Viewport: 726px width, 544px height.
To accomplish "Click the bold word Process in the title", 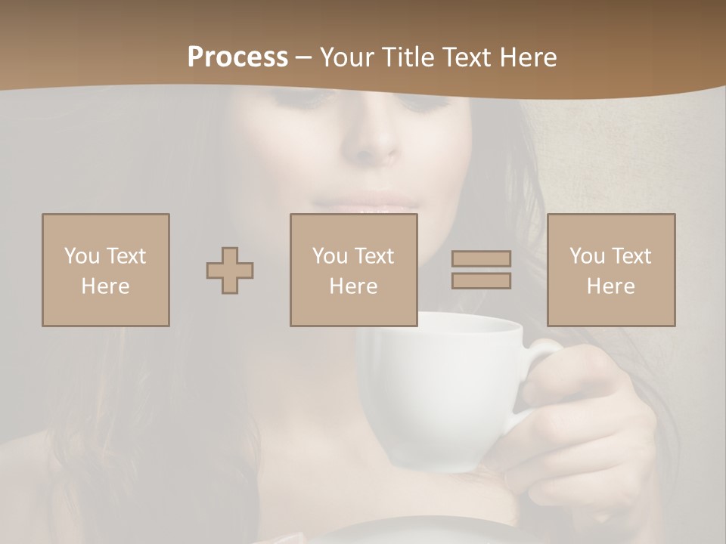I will (237, 57).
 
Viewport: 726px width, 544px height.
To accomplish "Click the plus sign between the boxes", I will (230, 270).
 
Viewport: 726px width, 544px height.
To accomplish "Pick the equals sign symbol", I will (481, 270).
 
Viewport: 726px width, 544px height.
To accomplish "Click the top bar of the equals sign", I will (481, 259).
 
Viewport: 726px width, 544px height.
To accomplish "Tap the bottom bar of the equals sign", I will (481, 281).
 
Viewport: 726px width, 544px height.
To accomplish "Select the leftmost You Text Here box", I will (106, 270).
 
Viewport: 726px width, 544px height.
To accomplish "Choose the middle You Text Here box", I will (354, 270).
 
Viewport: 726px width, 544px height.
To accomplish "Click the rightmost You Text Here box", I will (611, 270).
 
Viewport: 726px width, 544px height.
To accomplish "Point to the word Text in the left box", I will (126, 256).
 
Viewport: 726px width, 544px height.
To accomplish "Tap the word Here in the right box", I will (611, 286).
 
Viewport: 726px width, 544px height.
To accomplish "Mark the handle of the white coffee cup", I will (541, 363).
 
